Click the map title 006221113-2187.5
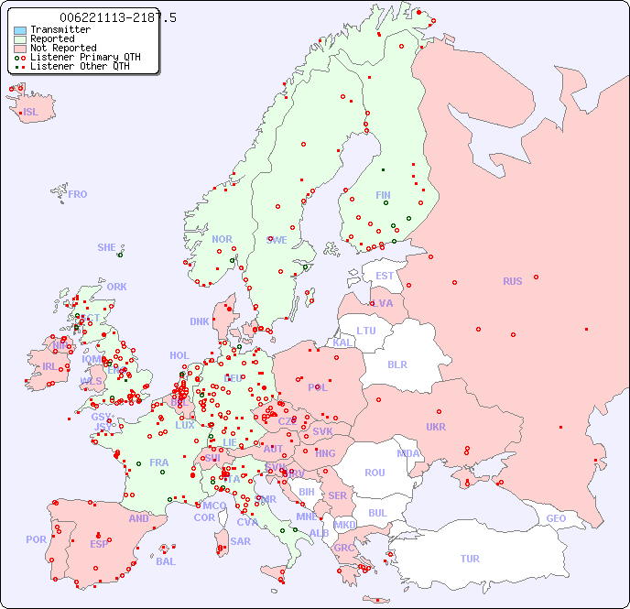(x=117, y=17)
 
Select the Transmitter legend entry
(x=60, y=29)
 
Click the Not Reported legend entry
(x=62, y=48)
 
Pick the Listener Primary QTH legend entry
(x=85, y=57)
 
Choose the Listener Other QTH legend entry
(x=81, y=66)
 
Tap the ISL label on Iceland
(x=31, y=113)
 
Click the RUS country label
(x=512, y=281)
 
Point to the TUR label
(x=470, y=559)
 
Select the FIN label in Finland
(x=383, y=195)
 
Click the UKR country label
(x=435, y=427)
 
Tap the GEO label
(x=556, y=518)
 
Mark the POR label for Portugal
(x=36, y=539)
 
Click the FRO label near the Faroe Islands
(x=78, y=194)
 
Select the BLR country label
(x=396, y=364)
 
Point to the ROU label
(x=375, y=473)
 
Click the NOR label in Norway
(x=222, y=239)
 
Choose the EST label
(x=385, y=276)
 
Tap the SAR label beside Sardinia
(x=240, y=541)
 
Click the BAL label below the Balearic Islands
(x=165, y=561)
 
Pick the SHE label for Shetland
(x=107, y=247)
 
